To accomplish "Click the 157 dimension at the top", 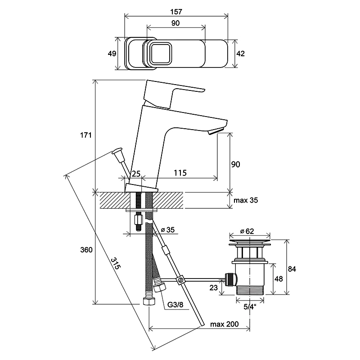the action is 176,12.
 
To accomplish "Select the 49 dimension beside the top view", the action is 112,54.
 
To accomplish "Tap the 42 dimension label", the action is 241,54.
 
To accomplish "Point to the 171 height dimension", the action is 86,135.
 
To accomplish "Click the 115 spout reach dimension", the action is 180,173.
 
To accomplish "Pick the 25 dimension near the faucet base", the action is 136,174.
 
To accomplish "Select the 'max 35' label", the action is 246,200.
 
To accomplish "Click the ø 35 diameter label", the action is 168,229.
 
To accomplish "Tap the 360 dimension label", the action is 86,250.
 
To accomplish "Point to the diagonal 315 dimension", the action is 116,263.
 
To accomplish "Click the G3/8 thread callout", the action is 175,305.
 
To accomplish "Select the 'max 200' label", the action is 224,324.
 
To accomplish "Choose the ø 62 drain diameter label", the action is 247,231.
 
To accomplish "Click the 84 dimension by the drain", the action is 292,269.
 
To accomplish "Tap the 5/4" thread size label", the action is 250,307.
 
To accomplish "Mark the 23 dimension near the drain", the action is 213,288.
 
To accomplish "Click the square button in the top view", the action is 160,54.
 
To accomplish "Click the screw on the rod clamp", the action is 181,280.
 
